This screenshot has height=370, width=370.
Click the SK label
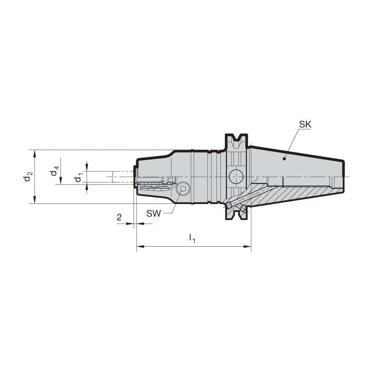pyautogui.click(x=305, y=124)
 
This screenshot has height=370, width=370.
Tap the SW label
pyautogui.click(x=153, y=213)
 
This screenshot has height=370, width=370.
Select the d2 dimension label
pyautogui.click(x=28, y=176)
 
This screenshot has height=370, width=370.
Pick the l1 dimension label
pyautogui.click(x=192, y=238)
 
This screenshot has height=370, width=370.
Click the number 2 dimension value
pyautogui.click(x=119, y=217)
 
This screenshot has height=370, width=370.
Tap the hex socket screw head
pyautogui.click(x=183, y=189)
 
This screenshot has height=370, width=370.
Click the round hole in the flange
pyautogui.click(x=236, y=177)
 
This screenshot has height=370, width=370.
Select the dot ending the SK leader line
pyautogui.click(x=284, y=159)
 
